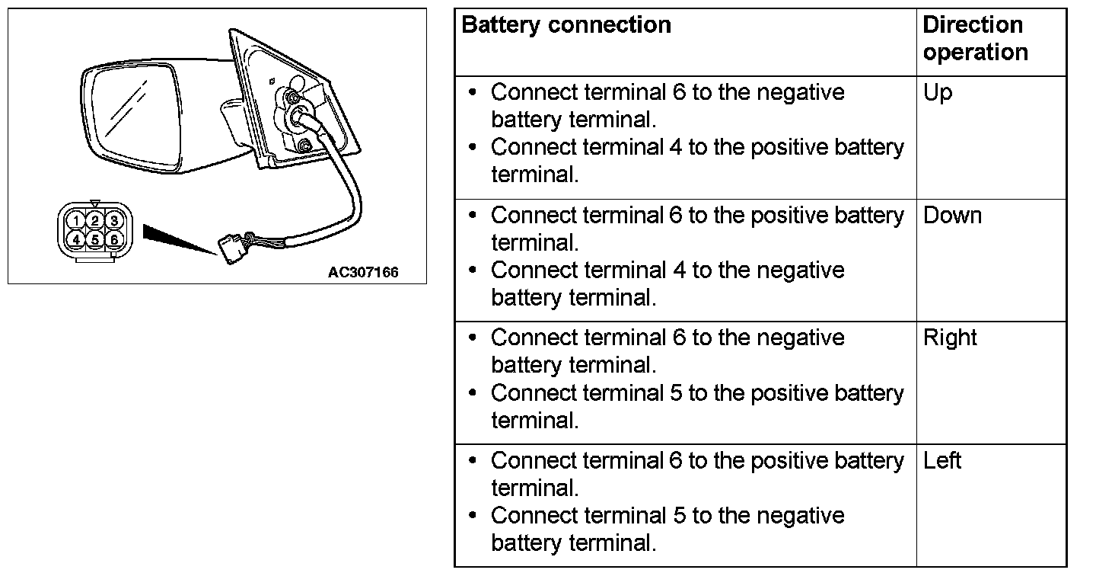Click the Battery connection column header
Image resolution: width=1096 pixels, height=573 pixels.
point(566,25)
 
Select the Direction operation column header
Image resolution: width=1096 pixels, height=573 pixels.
point(974,38)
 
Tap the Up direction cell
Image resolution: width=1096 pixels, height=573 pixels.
point(938,94)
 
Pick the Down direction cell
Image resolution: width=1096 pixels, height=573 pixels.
point(952,216)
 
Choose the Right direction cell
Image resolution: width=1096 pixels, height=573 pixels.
point(950,338)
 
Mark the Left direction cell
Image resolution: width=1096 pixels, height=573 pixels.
point(942,460)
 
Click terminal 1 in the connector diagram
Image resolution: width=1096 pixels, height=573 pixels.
point(75,221)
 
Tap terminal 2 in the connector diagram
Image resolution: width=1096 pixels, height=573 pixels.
point(94,221)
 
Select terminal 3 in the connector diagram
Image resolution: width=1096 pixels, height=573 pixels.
point(113,221)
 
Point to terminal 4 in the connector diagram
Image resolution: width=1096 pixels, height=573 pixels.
point(75,239)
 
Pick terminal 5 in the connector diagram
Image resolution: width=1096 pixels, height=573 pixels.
point(94,239)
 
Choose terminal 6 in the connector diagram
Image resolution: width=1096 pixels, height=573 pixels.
point(113,239)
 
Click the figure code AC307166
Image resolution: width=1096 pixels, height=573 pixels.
point(363,272)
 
